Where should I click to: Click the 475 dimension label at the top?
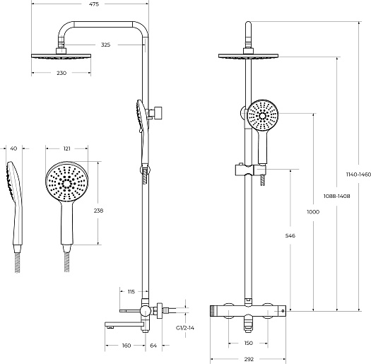click(94, 4)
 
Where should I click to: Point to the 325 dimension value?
click(105, 45)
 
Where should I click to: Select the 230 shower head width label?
click(61, 73)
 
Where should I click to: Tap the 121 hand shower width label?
click(67, 148)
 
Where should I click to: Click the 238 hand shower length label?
click(98, 211)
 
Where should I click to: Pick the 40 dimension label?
click(14, 148)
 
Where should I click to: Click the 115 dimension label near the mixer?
click(131, 292)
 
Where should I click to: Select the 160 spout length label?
click(126, 346)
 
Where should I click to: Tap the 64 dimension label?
click(153, 346)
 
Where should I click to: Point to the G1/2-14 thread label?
click(184, 328)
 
